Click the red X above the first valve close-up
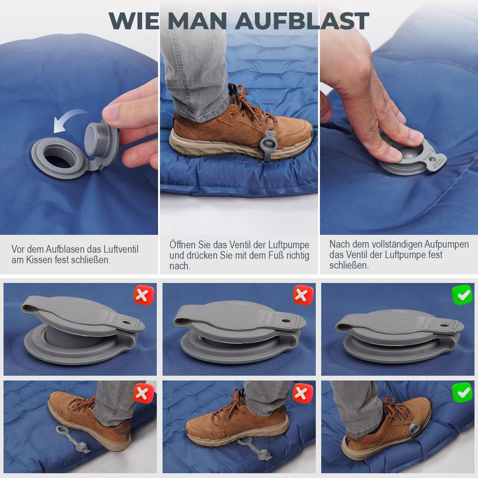click(x=144, y=295)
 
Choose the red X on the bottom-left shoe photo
click(x=144, y=393)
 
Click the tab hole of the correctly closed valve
click(x=443, y=325)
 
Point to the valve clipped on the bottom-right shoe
click(x=414, y=429)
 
